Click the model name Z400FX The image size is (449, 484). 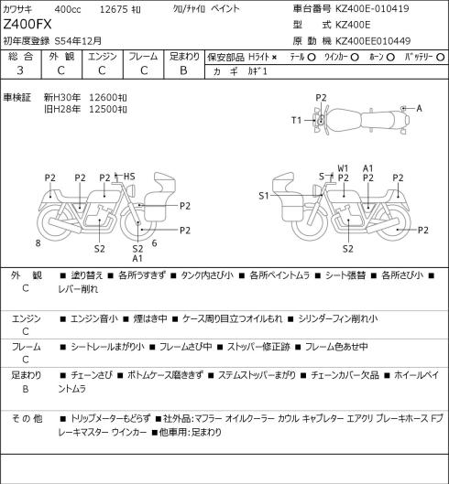27,25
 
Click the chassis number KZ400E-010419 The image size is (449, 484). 372,8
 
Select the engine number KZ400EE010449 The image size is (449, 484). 373,41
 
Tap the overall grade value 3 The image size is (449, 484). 20,70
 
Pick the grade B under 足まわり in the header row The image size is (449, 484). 183,70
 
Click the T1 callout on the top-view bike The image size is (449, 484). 297,120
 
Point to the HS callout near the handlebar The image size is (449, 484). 129,177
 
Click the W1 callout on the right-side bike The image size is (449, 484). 343,168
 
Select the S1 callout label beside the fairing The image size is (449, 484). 264,196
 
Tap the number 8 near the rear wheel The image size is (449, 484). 38,243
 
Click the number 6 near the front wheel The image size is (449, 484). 154,243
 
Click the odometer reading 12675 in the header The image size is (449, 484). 114,9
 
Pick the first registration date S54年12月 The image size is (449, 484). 78,41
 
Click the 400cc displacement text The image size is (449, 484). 68,9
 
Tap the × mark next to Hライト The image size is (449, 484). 274,57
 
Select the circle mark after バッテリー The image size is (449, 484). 441,57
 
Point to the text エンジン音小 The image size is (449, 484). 94,319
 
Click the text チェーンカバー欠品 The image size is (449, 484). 345,375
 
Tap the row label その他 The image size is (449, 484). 27,419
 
